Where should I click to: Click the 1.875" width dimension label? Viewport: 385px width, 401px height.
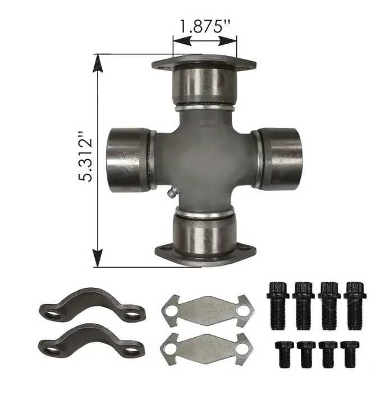click(x=205, y=26)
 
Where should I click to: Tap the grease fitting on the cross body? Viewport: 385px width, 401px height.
click(x=172, y=192)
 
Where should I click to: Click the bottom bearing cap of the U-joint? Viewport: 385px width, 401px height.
click(x=204, y=235)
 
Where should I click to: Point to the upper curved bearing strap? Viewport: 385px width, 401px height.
click(x=92, y=305)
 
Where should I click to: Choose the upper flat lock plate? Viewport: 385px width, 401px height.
click(x=208, y=311)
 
